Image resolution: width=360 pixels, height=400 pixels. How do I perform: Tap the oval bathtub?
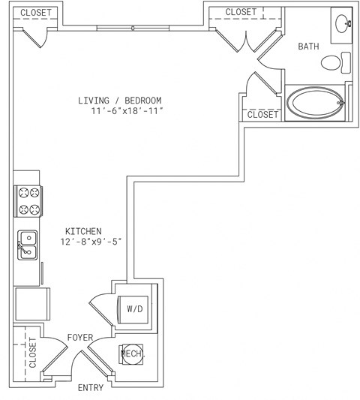coord(316,103)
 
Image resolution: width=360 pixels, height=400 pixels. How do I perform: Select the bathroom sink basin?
coord(343,24)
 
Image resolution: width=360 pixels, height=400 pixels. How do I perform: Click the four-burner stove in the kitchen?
coord(28,201)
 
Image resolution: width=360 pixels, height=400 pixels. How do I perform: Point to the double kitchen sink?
coord(27,245)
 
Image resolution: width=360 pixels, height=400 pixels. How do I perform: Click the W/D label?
coord(135,309)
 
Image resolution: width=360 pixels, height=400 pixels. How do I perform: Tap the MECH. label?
coord(133,353)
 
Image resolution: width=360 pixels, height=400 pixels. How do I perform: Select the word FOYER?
coord(80,338)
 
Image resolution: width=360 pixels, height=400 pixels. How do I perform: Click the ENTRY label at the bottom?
coord(91,387)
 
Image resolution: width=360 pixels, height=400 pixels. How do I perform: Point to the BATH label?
coord(308,47)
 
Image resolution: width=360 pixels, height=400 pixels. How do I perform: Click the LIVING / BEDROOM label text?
coord(119,101)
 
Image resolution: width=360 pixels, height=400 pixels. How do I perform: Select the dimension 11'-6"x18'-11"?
coord(127,111)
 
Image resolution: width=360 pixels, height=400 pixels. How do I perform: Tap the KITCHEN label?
coord(83,231)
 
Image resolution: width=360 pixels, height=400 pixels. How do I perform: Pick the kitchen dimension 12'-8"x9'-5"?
coord(91,242)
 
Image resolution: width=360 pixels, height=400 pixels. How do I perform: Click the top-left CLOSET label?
coord(36,13)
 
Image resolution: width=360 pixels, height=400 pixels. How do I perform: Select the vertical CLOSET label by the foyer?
coord(33,353)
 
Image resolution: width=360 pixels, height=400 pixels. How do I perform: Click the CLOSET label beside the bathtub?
coord(262,115)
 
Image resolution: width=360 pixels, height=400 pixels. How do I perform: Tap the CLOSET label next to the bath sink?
coord(241,12)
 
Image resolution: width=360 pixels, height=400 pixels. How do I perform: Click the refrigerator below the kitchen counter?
coord(33,304)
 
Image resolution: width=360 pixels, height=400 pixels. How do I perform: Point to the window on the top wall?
coord(133,28)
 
